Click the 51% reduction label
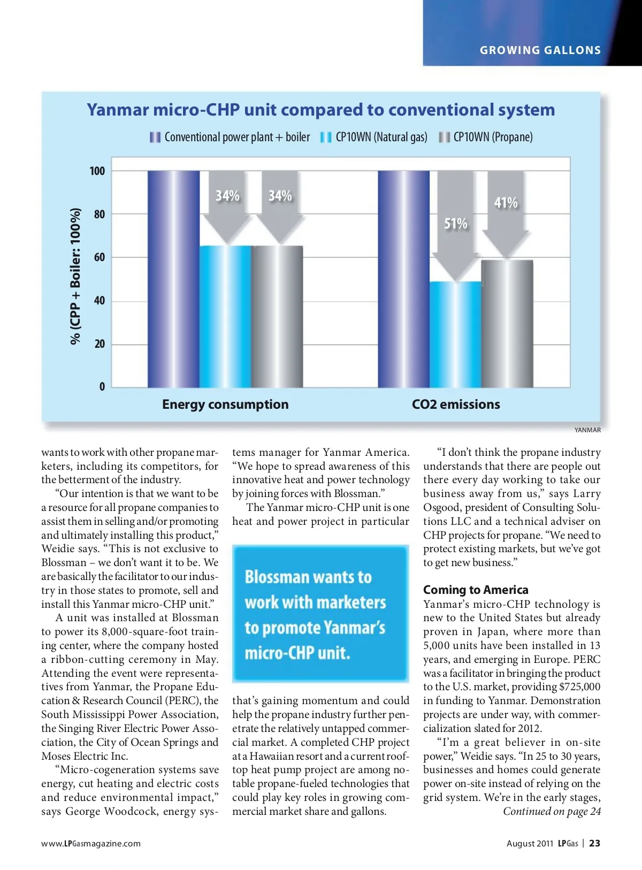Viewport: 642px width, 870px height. tap(456, 224)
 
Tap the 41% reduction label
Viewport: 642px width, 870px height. tap(506, 203)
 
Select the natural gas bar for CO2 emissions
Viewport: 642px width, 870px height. tap(455, 334)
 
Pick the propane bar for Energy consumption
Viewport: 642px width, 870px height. tap(277, 316)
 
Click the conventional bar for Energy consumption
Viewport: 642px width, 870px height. tap(173, 279)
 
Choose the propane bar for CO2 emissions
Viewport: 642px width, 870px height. tap(507, 323)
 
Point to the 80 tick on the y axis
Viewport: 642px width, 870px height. tap(100, 215)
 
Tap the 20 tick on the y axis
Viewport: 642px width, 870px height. tap(100, 344)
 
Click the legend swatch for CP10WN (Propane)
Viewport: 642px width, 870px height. tap(444, 138)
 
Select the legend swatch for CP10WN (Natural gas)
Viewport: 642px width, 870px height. tap(326, 138)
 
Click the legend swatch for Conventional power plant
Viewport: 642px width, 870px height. tap(155, 138)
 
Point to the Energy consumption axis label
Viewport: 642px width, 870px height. tap(225, 405)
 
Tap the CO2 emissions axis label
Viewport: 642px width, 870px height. tap(456, 405)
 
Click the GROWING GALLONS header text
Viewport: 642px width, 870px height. tap(540, 50)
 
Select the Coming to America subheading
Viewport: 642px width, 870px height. tap(476, 590)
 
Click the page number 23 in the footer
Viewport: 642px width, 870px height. tap(594, 843)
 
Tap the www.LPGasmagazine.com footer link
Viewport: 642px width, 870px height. tap(91, 844)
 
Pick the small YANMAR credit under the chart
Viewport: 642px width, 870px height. tap(587, 430)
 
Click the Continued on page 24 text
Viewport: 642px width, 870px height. tap(552, 811)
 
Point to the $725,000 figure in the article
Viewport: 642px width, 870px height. tap(580, 687)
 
